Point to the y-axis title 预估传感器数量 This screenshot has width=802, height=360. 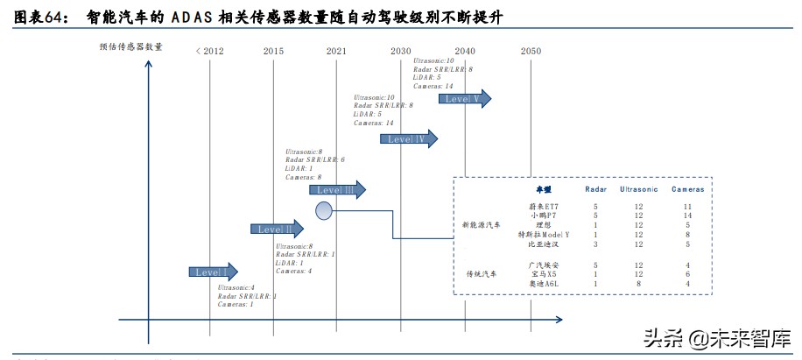click(x=131, y=46)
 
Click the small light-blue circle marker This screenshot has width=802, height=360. click(x=324, y=210)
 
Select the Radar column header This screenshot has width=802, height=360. click(x=595, y=189)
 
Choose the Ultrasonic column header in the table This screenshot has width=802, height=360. click(x=639, y=189)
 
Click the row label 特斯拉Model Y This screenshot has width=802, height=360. click(x=543, y=235)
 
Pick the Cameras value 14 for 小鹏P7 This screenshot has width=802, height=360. click(x=687, y=215)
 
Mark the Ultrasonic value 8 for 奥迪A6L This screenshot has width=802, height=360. click(x=639, y=284)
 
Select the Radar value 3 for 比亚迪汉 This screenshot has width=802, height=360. click(x=595, y=244)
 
